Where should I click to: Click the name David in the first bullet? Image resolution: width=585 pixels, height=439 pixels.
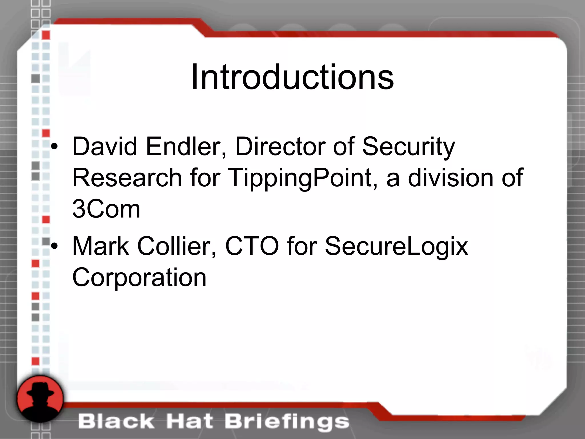coord(105,146)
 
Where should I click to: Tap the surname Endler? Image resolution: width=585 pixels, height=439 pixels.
coord(186,146)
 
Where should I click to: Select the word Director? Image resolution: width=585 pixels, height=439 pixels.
coord(280,146)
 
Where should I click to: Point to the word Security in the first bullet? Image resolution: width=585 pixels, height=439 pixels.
coord(408,147)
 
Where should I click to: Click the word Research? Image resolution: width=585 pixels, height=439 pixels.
coord(127,178)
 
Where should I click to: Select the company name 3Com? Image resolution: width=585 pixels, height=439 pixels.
coord(106,209)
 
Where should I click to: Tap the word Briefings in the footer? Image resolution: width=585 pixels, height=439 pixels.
coord(287,422)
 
